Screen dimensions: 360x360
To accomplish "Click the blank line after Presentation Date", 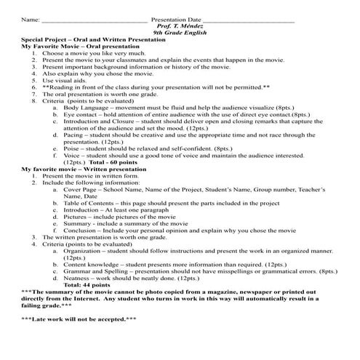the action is click(x=247, y=20).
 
